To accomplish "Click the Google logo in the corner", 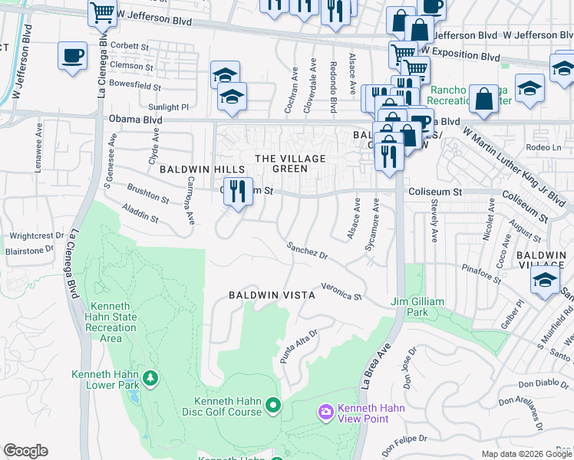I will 26,451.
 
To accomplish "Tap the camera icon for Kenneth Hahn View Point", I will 325,412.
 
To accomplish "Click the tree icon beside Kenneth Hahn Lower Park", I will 151,377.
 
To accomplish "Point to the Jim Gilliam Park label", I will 417,307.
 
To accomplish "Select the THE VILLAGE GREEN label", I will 290,163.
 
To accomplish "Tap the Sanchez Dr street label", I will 307,251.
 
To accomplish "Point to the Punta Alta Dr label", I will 299,347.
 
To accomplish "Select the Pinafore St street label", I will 482,269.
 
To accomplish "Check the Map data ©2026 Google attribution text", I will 526,454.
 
